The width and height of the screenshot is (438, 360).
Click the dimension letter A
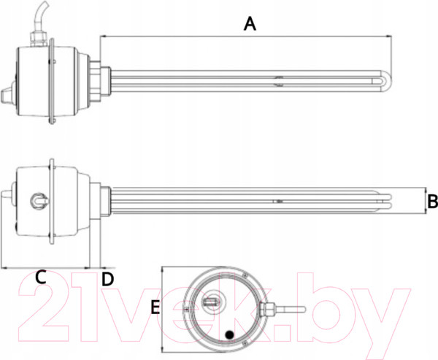tap(250, 24)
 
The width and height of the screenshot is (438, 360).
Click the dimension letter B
tap(431, 200)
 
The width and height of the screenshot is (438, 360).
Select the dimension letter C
tap(41, 277)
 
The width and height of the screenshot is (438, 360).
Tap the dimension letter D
tap(107, 278)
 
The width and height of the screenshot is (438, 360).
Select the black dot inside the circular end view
tap(230, 335)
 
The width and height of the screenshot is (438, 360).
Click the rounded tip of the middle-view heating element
tap(395, 199)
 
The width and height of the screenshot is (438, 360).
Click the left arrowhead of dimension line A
tap(102, 34)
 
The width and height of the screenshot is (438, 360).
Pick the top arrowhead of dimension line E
tap(163, 268)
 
